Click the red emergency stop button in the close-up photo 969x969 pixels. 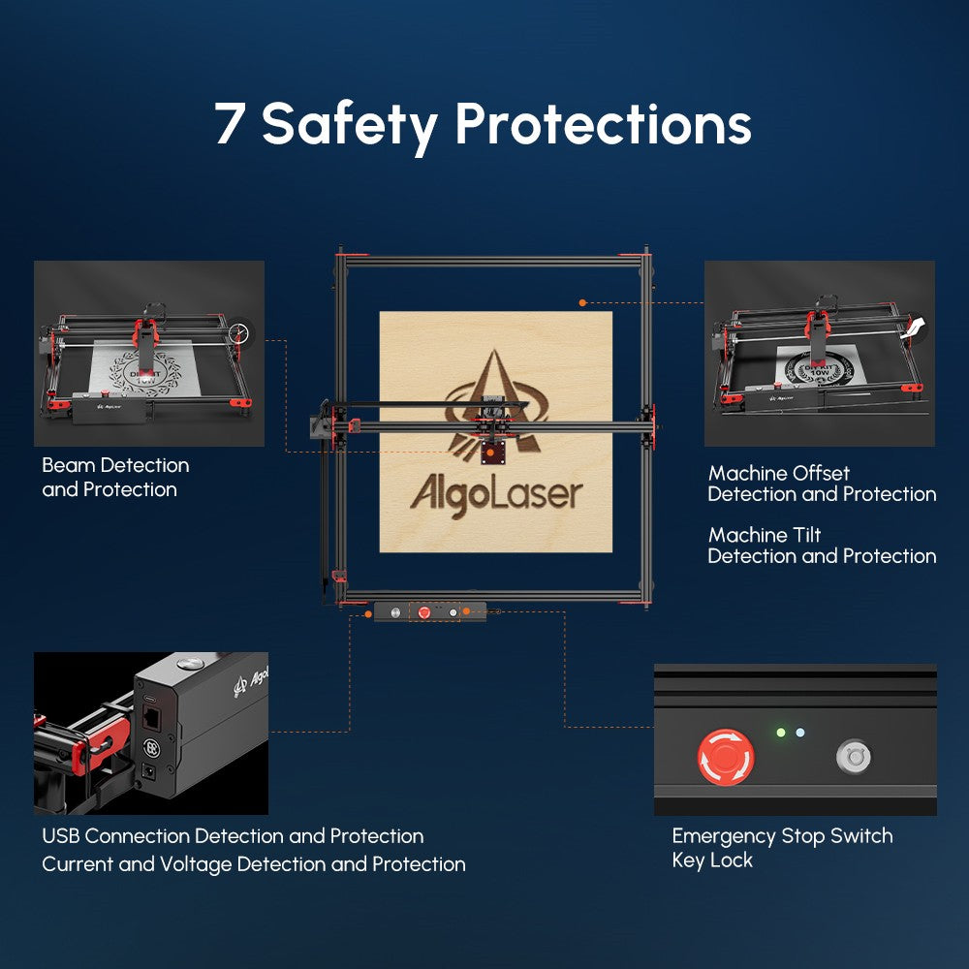point(726,757)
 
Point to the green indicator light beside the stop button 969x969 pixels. point(780,733)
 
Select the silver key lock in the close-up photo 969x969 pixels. point(854,757)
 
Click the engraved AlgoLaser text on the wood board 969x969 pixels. point(496,494)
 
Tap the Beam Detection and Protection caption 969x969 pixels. point(114,478)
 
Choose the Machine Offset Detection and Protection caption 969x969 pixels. point(822,484)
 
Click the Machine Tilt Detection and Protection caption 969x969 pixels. point(822,546)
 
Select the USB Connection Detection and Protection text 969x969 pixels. point(233,835)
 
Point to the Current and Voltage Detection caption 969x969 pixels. point(253,864)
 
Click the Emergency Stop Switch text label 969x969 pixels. point(782,835)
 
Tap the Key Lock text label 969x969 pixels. point(711,860)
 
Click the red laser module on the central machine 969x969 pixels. point(493,451)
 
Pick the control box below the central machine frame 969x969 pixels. point(430,612)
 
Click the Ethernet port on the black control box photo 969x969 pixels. point(153,719)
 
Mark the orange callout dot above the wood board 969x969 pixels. point(582,303)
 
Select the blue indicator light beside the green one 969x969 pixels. point(799,733)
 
